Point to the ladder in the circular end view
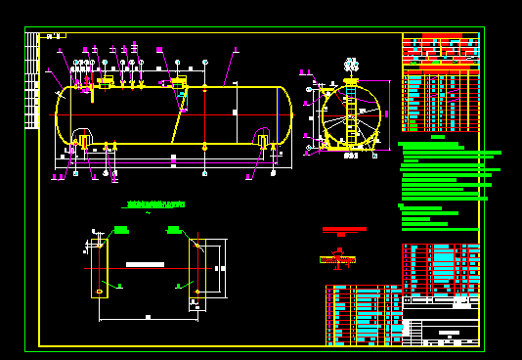350,117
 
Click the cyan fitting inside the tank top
182,94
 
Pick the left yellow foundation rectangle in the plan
100,264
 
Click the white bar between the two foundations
145,264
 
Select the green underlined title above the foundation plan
154,204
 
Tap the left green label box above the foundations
121,230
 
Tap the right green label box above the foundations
173,230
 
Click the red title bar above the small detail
344,229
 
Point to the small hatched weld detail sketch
337,259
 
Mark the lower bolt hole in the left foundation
99,292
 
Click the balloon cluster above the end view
351,66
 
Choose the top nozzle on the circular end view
351,81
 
